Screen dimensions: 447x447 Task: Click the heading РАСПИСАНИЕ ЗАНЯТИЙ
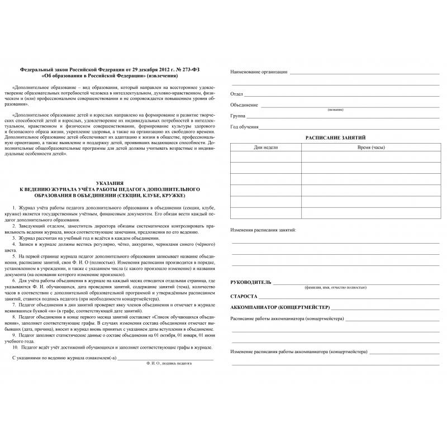pyautogui.click(x=335, y=137)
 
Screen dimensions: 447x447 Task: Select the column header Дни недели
pyautogui.click(x=265, y=146)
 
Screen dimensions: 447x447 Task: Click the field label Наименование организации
pyautogui.click(x=259, y=72)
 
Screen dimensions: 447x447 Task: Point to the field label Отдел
pyautogui.click(x=237, y=94)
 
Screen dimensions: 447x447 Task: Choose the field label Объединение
pyautogui.click(x=244, y=104)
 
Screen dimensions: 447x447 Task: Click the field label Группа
pyautogui.click(x=239, y=116)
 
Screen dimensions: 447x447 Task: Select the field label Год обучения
pyautogui.click(x=244, y=127)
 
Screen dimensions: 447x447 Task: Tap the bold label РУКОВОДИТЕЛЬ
pyautogui.click(x=251, y=282)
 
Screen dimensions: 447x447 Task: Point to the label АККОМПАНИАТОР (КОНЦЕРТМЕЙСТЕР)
pyautogui.click(x=280, y=307)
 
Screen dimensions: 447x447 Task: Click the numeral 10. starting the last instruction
pyautogui.click(x=15, y=347)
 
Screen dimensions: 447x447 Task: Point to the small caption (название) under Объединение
pyautogui.click(x=336, y=110)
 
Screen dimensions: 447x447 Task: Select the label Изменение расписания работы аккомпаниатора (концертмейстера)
pyautogui.click(x=298, y=352)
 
